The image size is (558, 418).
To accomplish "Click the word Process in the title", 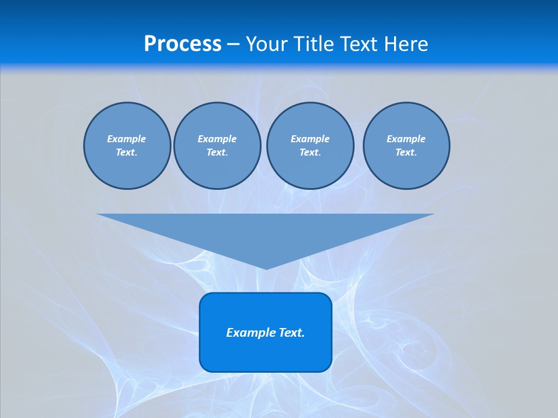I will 183,44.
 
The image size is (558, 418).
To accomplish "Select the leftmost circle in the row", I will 127,146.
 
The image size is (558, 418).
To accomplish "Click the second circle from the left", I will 217,146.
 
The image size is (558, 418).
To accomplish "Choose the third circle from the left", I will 310,146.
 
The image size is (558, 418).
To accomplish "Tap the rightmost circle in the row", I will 406,146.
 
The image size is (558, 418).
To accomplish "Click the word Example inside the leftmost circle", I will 127,139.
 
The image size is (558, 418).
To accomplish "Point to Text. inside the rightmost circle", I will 406,153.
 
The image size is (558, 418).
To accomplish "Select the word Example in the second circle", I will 217,139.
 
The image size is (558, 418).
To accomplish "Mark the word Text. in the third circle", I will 310,153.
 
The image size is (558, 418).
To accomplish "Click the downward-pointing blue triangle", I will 266,232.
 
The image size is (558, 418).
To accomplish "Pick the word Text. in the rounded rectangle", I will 292,333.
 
